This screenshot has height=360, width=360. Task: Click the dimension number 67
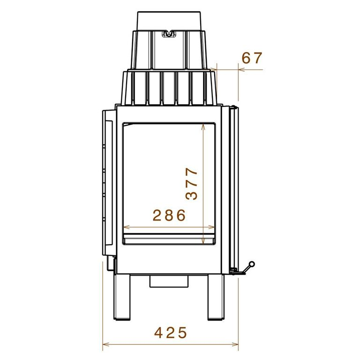tap(252, 58)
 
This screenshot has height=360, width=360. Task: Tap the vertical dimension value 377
tap(191, 184)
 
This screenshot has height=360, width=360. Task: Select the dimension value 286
tap(169, 215)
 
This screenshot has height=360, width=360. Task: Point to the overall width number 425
tap(171, 333)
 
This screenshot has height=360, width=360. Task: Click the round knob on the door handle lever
tap(252, 264)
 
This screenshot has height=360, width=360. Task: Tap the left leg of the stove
tap(122, 297)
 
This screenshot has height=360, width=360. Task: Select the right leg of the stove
tap(216, 297)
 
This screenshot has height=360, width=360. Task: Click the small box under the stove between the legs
tap(169, 281)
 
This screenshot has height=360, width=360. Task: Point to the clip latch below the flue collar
tap(169, 34)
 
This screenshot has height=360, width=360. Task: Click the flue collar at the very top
tap(169, 21)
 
